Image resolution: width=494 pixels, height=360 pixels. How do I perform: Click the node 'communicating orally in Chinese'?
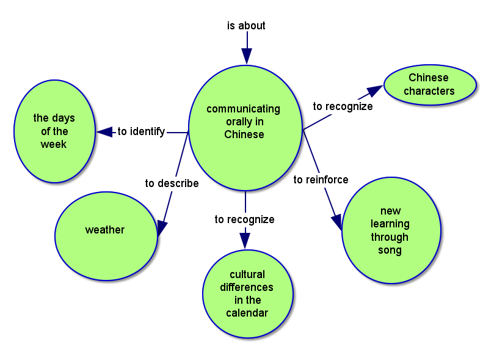(245, 122)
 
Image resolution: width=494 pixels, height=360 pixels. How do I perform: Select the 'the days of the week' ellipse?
(54, 131)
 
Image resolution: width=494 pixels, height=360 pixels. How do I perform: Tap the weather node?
(106, 235)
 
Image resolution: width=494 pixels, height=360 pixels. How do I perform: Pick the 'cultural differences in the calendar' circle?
(248, 293)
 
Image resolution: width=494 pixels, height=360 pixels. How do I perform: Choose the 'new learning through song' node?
(391, 230)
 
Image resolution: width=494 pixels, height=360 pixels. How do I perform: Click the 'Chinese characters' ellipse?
(430, 84)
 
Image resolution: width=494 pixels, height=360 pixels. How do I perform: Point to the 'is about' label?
(246, 26)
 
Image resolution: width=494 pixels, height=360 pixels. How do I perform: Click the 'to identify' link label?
(141, 131)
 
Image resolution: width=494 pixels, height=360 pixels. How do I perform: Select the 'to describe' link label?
(172, 183)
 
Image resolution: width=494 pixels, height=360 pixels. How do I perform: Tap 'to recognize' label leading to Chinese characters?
(343, 106)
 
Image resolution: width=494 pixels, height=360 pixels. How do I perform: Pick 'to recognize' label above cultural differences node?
(244, 219)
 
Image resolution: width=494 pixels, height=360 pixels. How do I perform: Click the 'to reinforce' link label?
(321, 180)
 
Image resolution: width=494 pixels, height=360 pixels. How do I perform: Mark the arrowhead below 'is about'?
(247, 56)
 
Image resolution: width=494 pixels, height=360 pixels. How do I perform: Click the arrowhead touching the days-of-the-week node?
(104, 131)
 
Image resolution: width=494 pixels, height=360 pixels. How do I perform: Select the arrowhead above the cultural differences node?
(245, 241)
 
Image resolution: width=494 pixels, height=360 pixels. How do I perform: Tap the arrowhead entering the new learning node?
(336, 222)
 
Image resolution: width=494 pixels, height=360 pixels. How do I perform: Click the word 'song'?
(390, 250)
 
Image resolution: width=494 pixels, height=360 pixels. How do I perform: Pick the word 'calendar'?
(247, 313)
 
